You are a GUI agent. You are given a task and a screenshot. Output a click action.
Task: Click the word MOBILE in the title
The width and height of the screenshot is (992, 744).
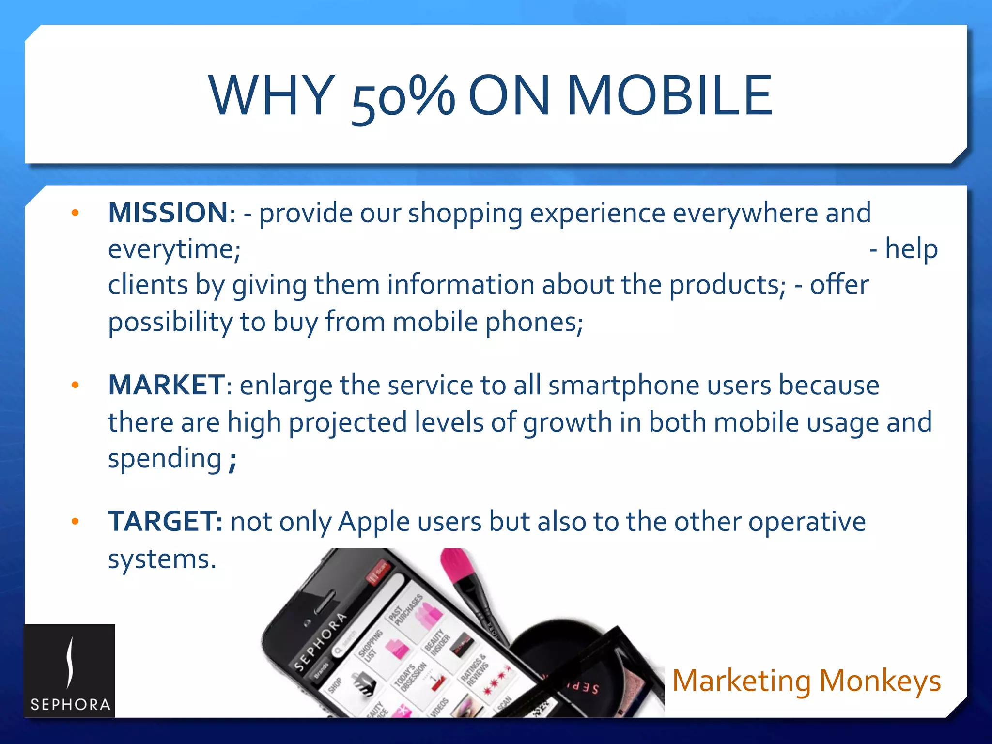669,95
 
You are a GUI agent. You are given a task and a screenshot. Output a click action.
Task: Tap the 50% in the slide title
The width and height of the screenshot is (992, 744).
403,97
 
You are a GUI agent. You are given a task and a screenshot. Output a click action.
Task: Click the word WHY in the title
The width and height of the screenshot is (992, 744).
272,95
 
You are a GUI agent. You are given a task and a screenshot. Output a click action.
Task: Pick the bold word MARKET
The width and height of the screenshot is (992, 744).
166,385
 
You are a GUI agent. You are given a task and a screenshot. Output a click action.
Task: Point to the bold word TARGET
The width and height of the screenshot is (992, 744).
165,522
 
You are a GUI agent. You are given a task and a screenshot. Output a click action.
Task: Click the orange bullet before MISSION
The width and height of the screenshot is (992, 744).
75,213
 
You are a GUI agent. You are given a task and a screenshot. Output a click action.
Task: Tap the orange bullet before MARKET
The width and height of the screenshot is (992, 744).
75,386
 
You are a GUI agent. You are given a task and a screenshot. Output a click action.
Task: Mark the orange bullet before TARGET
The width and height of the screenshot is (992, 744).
75,522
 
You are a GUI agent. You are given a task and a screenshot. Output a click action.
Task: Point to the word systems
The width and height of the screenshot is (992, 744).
161,559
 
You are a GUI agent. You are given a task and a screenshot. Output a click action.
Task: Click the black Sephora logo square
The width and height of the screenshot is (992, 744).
70,670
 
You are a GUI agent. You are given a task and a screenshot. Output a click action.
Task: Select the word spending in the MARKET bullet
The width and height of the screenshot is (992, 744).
164,459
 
